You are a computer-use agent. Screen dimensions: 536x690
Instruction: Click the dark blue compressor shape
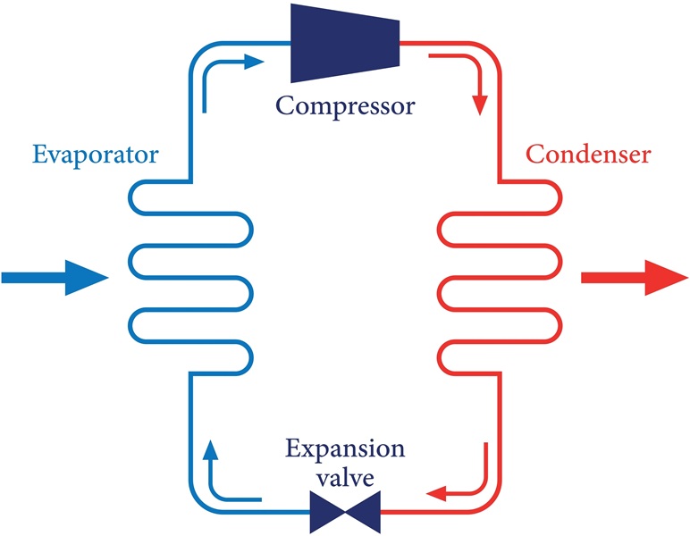point(343,42)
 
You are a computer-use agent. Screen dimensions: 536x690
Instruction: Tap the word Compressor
point(345,106)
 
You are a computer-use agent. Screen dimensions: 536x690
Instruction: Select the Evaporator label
point(96,155)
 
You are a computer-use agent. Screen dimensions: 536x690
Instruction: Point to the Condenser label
point(588,155)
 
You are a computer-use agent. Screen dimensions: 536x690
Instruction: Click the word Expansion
point(344,448)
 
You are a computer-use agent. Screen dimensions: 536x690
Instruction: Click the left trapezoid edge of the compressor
point(293,42)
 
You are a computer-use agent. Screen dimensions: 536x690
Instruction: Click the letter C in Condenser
point(534,155)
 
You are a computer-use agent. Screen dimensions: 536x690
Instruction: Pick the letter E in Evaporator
point(39,155)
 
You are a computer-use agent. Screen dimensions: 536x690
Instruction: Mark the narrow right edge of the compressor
point(396,42)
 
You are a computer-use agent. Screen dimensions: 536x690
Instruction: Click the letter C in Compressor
point(285,106)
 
